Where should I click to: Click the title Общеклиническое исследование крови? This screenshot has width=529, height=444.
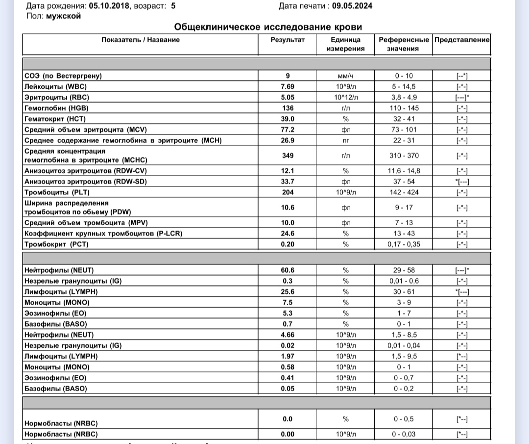click(x=268, y=27)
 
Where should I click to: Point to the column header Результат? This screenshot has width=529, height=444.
click(x=288, y=40)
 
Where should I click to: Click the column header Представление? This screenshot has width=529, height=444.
click(x=461, y=40)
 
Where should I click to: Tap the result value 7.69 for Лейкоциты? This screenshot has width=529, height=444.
click(x=288, y=86)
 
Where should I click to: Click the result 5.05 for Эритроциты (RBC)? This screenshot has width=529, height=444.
click(x=288, y=97)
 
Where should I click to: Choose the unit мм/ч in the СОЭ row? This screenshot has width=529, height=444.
click(x=345, y=76)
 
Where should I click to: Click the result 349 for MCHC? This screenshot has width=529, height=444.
click(x=288, y=156)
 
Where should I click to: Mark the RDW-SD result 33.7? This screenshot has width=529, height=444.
click(x=288, y=182)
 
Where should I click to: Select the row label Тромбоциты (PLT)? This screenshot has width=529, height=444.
click(x=57, y=192)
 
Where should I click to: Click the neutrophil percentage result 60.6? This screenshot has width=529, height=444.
click(x=288, y=270)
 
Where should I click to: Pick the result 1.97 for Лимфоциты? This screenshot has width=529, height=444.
click(x=288, y=356)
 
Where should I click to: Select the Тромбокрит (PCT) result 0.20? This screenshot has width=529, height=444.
click(x=288, y=244)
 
